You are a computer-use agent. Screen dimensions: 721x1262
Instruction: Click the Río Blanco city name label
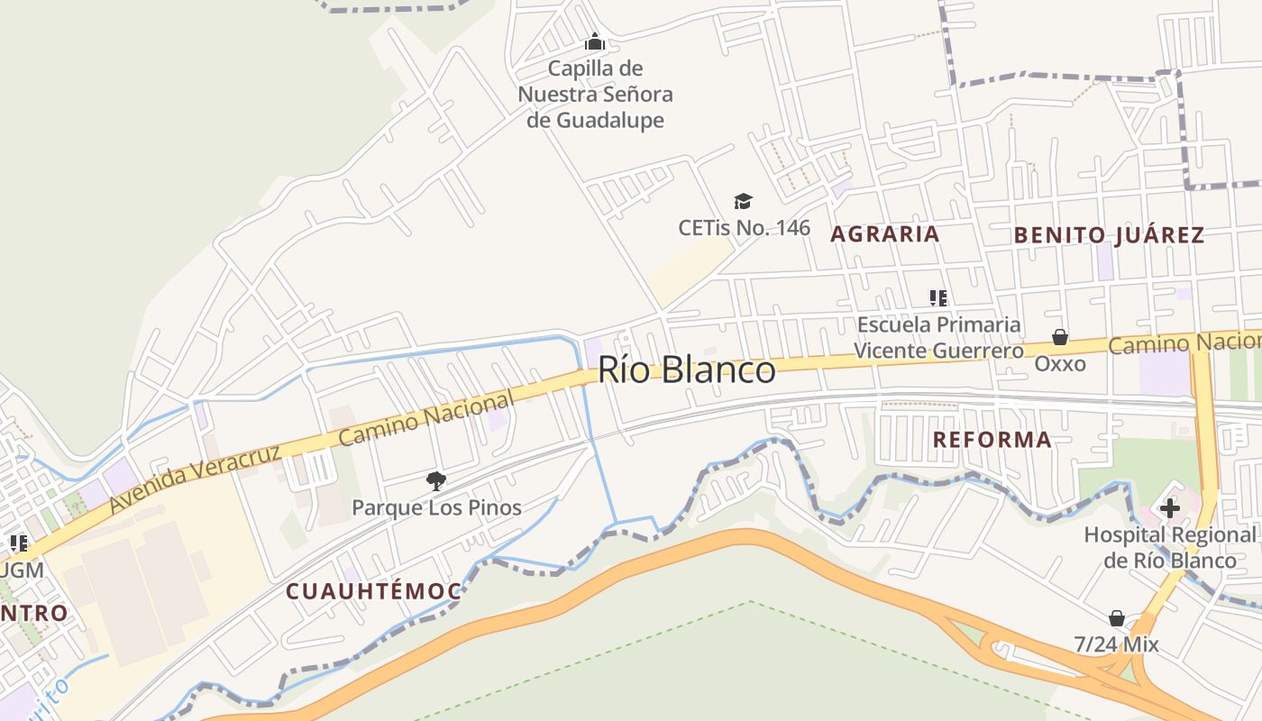pos(686,370)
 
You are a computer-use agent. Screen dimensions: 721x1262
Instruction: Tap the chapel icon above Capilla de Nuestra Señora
pos(594,41)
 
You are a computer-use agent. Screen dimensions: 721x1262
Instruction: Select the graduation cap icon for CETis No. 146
pos(743,200)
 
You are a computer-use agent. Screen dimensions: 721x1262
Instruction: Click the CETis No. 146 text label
pos(745,228)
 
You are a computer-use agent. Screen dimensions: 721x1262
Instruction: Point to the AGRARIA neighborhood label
pos(884,234)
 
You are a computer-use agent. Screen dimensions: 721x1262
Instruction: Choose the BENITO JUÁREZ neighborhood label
pos(1109,235)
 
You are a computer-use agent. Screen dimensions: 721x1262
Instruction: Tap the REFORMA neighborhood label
pos(992,440)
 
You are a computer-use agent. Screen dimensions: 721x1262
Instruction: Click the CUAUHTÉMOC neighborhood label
pos(373,592)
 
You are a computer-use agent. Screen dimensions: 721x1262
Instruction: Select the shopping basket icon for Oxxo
pos(1060,337)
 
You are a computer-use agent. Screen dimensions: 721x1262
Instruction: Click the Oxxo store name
pos(1060,364)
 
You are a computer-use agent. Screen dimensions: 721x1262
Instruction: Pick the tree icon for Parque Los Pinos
pos(436,480)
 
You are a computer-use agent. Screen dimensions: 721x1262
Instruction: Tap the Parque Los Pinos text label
pos(436,507)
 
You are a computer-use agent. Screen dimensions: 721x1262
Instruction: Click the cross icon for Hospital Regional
pos(1169,508)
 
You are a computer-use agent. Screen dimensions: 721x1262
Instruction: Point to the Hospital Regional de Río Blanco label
pos(1170,547)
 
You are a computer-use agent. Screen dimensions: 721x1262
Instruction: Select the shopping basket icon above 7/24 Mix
pos(1116,618)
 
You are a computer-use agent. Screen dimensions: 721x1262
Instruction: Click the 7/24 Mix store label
pos(1116,645)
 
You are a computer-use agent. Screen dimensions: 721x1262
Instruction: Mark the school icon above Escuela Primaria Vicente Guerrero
pos(937,297)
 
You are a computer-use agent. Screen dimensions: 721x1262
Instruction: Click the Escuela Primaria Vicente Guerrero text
pos(938,337)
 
